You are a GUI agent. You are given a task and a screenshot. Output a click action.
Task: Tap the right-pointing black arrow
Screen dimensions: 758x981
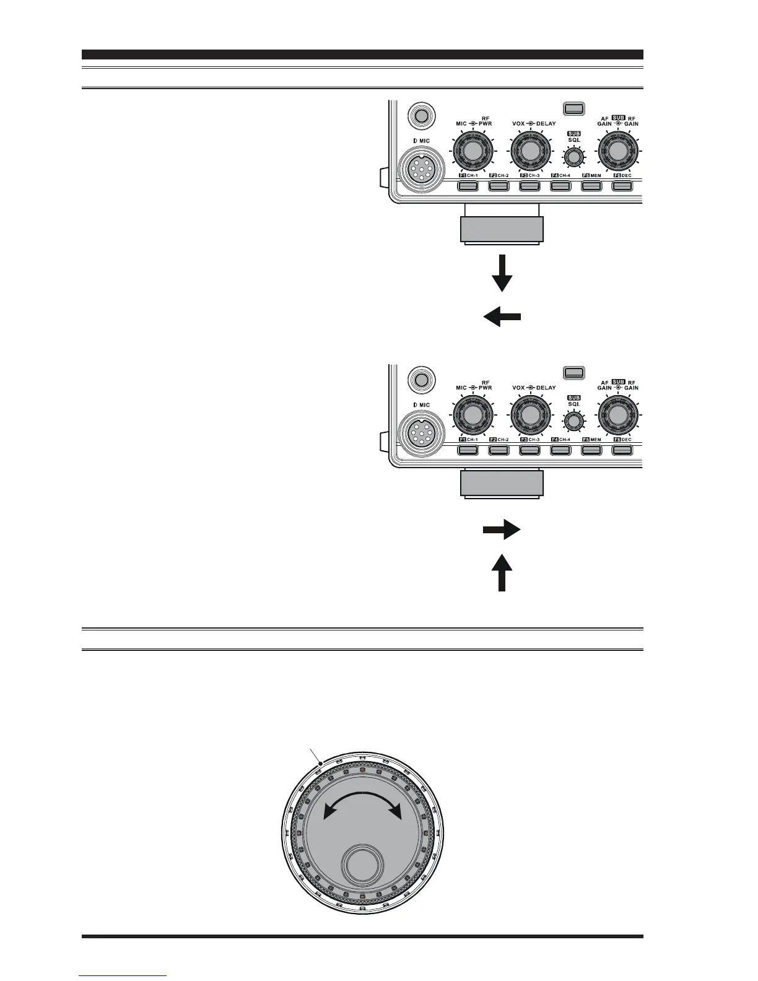click(x=502, y=530)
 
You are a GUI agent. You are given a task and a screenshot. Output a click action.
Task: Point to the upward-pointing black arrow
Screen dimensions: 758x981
click(x=502, y=573)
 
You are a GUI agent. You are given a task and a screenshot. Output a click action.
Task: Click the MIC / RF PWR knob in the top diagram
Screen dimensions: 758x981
click(x=473, y=152)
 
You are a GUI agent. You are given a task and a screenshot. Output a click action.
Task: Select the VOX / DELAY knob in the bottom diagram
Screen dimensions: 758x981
click(x=530, y=415)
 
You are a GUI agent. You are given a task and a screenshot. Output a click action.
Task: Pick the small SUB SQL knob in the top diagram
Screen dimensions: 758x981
click(x=574, y=158)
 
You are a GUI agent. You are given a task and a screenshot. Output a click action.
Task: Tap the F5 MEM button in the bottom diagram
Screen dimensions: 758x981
click(x=591, y=450)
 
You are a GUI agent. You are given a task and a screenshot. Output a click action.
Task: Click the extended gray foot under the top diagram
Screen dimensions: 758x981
click(x=502, y=229)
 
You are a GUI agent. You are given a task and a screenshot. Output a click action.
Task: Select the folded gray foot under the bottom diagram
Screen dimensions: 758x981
click(x=502, y=483)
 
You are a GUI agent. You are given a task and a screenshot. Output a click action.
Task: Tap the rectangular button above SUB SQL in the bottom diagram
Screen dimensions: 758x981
click(x=574, y=372)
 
